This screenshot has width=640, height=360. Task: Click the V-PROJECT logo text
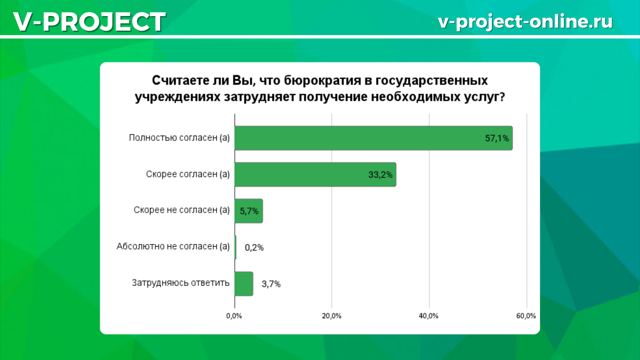(90, 21)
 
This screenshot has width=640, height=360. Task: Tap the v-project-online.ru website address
(525, 21)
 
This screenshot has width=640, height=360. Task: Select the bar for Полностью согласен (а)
(373, 138)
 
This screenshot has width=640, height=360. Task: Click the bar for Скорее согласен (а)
(315, 174)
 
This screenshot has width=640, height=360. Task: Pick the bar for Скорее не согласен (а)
(249, 211)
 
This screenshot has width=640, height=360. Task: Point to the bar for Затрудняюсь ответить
(244, 284)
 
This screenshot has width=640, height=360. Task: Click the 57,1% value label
(497, 139)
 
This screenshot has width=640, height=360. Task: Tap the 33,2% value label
(380, 175)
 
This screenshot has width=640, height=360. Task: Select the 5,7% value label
(249, 211)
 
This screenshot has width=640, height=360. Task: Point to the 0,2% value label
(254, 247)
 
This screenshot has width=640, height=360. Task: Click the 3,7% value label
(271, 284)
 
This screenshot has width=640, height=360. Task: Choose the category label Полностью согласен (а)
(179, 138)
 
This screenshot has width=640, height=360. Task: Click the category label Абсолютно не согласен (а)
(173, 246)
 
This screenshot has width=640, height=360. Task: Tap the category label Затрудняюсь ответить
(181, 283)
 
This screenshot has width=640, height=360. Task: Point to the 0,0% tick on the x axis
(234, 316)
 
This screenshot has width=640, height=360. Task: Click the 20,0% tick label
(331, 316)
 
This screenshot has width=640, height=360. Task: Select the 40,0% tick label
(429, 316)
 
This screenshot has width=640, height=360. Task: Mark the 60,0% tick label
(526, 316)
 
